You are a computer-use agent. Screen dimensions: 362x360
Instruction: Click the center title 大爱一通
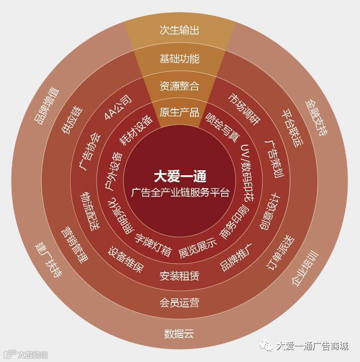[x=179, y=176]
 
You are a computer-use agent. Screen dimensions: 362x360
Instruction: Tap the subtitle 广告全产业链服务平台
[x=179, y=192]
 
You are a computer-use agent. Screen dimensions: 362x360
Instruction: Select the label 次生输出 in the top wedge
[x=179, y=30]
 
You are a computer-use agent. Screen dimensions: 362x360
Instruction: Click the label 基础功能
[x=179, y=59]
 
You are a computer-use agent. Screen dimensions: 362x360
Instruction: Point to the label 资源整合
[x=179, y=86]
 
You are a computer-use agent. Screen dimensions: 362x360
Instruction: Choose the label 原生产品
[x=179, y=112]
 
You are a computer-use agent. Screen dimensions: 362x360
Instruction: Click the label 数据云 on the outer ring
[x=179, y=333]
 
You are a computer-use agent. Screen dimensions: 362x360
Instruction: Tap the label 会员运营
[x=179, y=302]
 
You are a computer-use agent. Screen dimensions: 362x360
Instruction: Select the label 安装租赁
[x=179, y=275]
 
